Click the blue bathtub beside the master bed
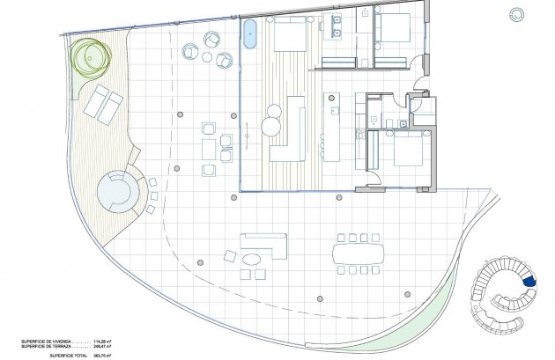tap(250, 33)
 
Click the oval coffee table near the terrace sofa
tap(254, 261)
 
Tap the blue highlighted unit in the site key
tap(529, 280)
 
